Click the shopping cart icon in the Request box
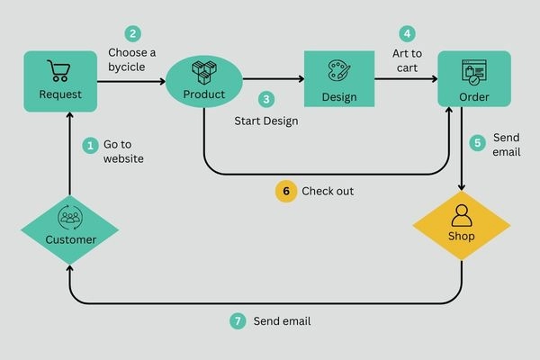59,70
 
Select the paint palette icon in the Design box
338,72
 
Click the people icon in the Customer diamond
69,217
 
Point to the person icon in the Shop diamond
462,215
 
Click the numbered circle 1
89,144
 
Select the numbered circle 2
133,34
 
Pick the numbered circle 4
408,34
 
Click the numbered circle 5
479,142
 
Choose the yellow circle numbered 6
286,191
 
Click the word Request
60,94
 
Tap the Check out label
328,191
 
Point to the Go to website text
124,151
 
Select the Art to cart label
408,60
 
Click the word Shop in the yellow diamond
462,237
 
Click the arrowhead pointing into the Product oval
162,82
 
